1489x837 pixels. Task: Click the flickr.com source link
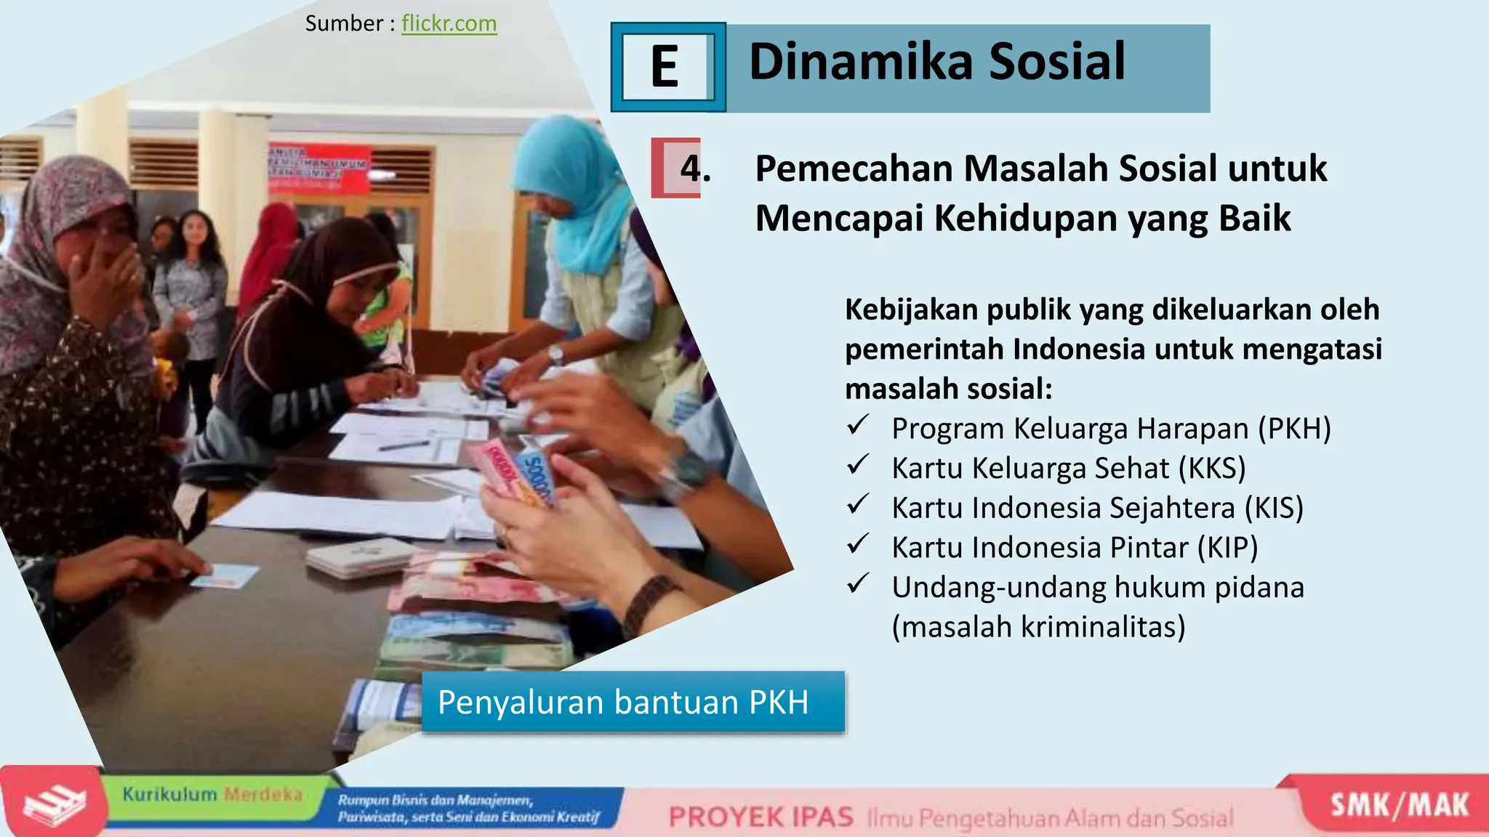pos(449,23)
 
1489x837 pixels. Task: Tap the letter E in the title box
pos(665,67)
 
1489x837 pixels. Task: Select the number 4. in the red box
pos(695,169)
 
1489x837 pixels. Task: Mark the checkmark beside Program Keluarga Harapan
pos(858,424)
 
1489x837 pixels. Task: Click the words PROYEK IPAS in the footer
pos(760,817)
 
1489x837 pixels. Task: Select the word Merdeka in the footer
pos(262,794)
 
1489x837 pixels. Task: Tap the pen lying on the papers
pos(404,445)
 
